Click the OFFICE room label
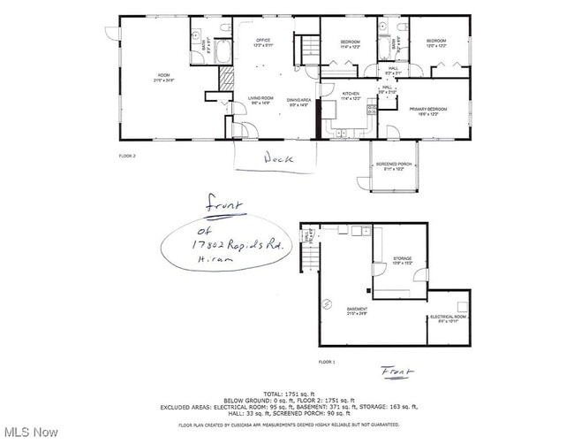pos(262,42)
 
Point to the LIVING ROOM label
pos(259,100)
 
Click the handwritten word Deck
pos(276,159)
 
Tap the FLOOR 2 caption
pos(128,156)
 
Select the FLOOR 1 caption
pos(328,362)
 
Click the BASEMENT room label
pos(358,310)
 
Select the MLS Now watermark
pos(31,432)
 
